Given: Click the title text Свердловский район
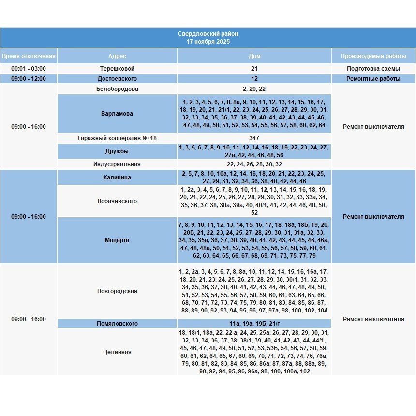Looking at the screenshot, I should pos(208,34).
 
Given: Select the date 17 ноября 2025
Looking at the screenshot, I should pos(208,42).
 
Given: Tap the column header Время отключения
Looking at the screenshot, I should pos(29,56).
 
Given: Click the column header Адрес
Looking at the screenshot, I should pos(117,56).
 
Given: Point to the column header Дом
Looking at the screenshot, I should pos(254,56).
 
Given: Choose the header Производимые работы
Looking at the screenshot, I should pos(373,56).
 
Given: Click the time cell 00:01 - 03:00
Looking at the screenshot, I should pos(29,69).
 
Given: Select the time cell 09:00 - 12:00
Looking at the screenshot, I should pos(29,79).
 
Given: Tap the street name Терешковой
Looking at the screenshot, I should pos(117,69).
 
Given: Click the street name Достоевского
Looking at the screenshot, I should pos(117,79).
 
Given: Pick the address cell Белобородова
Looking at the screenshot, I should pos(117,89).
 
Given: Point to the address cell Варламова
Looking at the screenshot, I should pos(117,114).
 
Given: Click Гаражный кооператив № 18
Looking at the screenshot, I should pos(117,138).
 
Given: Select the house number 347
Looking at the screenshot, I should pos(254,138).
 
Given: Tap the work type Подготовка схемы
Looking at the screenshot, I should pos(373,69).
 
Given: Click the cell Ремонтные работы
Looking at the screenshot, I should pos(373,79).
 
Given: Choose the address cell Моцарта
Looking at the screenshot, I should pos(117,240).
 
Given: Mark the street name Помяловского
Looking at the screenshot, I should pos(117,324).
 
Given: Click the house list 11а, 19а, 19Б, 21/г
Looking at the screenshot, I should pos(254,324).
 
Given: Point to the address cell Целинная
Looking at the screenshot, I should pos(117,352).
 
